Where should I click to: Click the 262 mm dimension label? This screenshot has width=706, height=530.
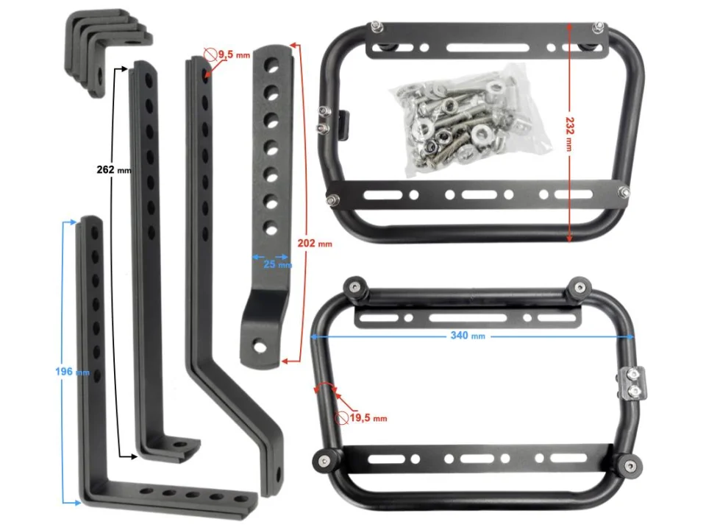[x=114, y=170]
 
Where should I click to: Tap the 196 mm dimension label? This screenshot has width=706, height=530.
[x=72, y=372]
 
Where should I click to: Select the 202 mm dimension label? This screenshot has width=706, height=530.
[x=315, y=244]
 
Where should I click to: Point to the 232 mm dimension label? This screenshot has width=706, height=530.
[x=569, y=134]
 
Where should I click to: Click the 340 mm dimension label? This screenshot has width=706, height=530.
[x=468, y=336]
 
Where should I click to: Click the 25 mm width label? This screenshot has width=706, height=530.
[x=277, y=264]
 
